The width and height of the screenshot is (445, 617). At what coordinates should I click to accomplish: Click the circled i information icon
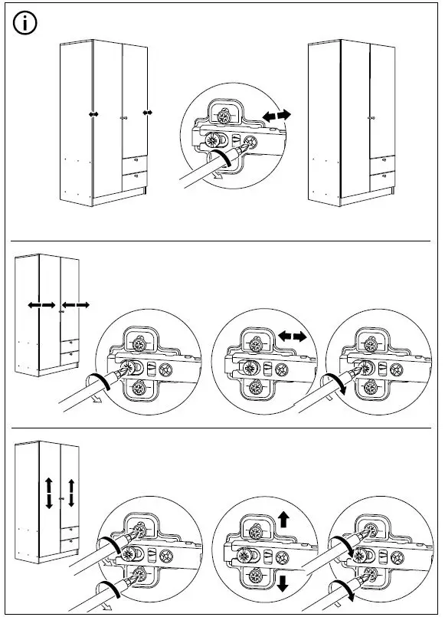coord(26,25)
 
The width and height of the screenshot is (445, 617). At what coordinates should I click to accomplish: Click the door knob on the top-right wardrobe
coord(369,118)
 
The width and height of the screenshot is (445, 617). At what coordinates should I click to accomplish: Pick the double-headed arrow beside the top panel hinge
coord(276,116)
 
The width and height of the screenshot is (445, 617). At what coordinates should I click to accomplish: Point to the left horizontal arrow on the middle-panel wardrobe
coord(41,305)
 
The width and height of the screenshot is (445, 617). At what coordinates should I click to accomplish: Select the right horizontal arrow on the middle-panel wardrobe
coord(77,305)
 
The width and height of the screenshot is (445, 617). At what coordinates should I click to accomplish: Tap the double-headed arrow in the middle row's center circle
coord(292,336)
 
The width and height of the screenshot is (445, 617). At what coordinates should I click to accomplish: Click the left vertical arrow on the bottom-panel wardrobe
coord(48,492)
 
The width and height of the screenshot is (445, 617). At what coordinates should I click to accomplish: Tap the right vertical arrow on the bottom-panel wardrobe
coord(71,492)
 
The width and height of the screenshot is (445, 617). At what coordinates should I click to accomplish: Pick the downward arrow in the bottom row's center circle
coord(283,586)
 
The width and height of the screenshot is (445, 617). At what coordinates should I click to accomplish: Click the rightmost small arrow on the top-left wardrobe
coord(148,112)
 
